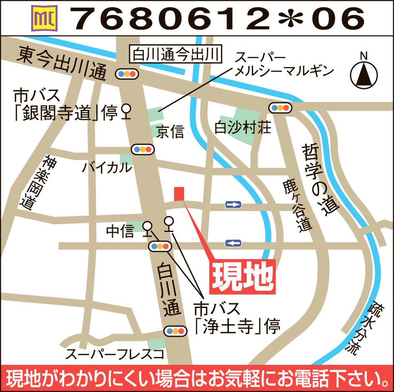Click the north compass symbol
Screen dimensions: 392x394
click(364, 74)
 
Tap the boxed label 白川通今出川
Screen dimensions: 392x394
click(175, 54)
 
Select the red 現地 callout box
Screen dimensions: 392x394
click(242, 275)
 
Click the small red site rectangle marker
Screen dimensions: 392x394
click(179, 194)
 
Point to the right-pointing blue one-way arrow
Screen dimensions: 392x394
click(233, 204)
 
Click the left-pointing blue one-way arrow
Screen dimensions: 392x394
click(233, 243)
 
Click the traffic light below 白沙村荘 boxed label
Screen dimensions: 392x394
click(280, 108)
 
